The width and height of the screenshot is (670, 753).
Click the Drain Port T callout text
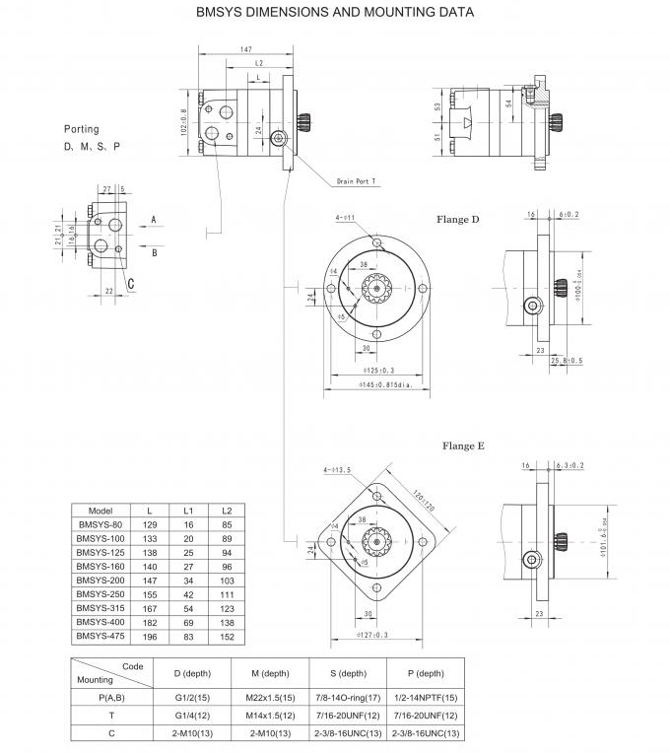click(357, 182)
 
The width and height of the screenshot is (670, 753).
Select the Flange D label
click(458, 220)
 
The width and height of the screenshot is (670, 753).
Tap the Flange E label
click(463, 446)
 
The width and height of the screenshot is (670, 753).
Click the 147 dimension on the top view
click(247, 48)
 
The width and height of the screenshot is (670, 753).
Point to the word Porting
click(82, 129)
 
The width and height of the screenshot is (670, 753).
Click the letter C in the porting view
click(131, 286)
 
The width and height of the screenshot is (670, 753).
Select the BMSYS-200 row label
click(100, 582)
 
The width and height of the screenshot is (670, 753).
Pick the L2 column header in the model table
click(228, 511)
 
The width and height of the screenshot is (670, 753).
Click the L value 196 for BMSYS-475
click(150, 637)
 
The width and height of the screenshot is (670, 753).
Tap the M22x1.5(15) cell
click(268, 698)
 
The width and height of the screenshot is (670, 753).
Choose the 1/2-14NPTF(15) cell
click(425, 698)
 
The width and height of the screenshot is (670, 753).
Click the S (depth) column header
click(347, 673)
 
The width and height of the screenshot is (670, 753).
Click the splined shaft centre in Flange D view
click(377, 289)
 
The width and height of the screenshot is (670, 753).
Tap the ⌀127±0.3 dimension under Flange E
click(372, 636)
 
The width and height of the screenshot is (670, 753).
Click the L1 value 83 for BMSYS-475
click(188, 637)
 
